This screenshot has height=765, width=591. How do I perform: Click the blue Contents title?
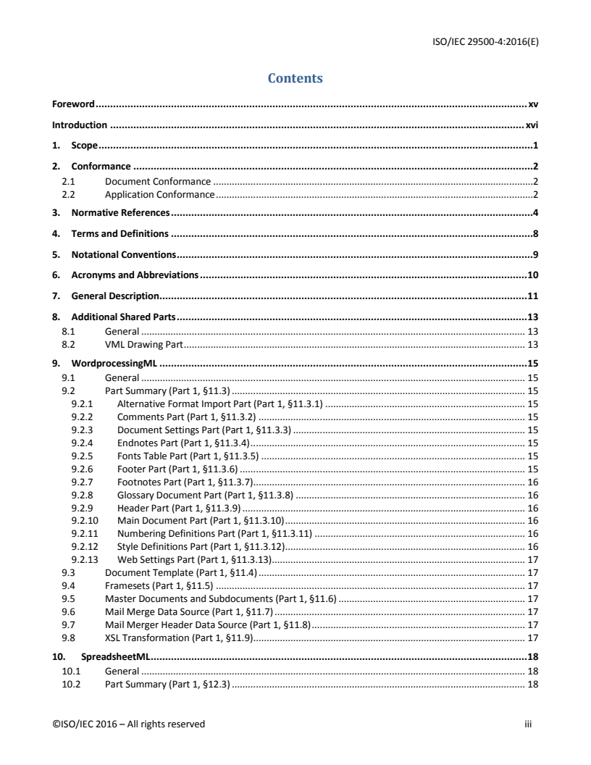click(x=295, y=78)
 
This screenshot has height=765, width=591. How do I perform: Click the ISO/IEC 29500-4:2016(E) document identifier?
click(x=479, y=41)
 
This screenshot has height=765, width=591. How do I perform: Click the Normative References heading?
click(x=120, y=213)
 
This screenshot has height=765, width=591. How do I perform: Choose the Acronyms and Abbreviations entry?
click(x=135, y=275)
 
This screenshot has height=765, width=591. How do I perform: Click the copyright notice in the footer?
click(x=128, y=724)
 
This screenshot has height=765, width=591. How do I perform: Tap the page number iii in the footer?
click(x=528, y=724)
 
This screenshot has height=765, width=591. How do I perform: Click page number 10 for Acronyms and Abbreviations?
click(x=532, y=275)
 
